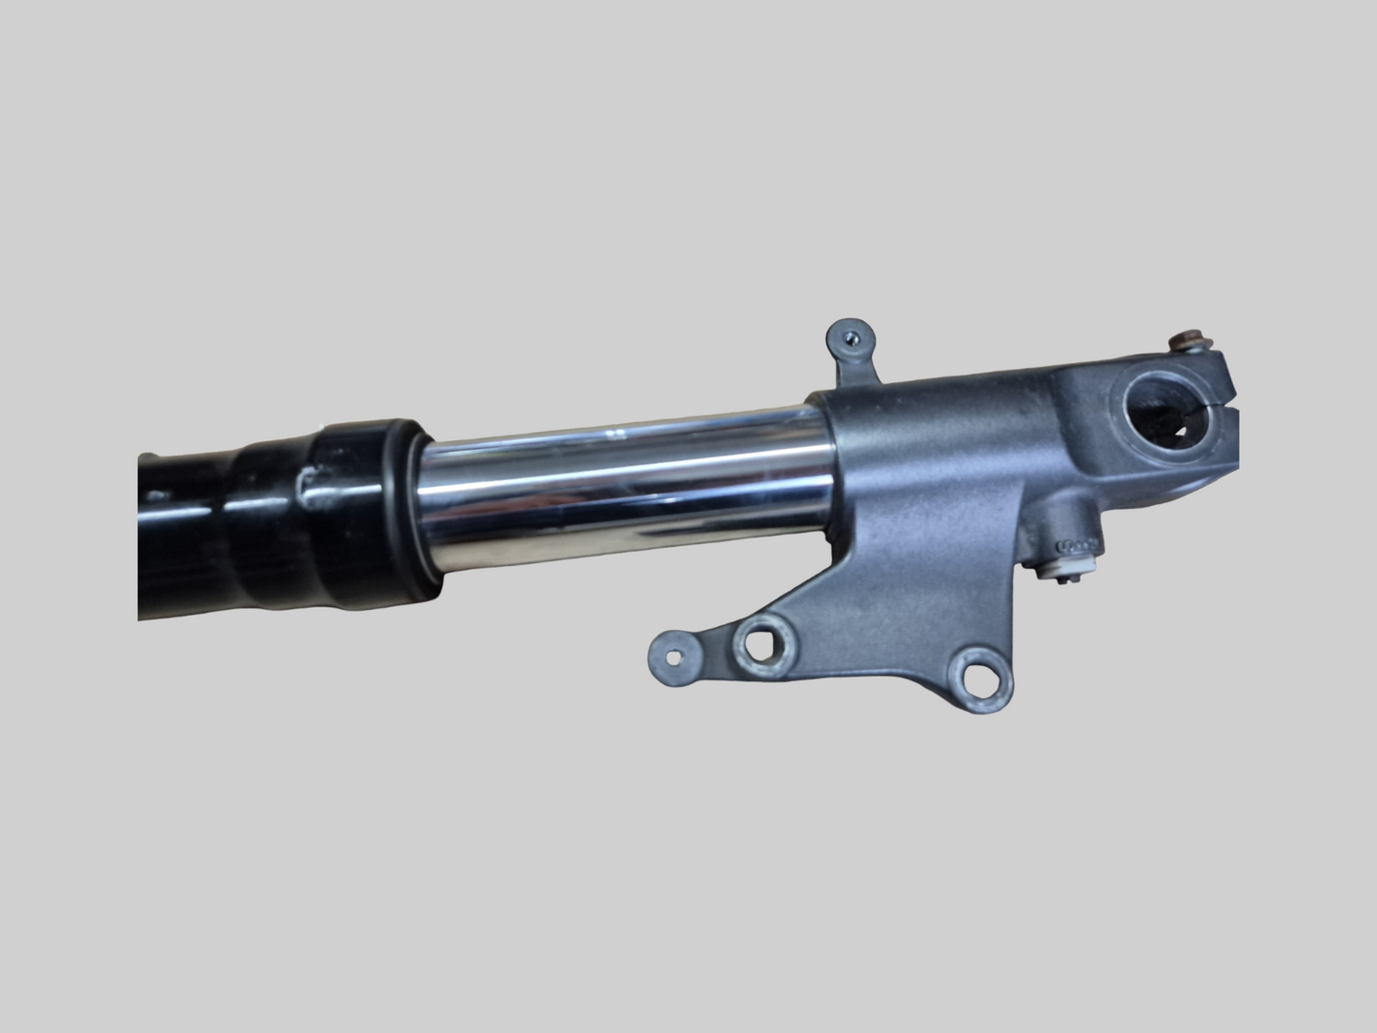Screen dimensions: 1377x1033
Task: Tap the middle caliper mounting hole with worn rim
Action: coord(760,644)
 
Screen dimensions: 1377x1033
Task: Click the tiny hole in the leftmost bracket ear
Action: coord(676,656)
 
